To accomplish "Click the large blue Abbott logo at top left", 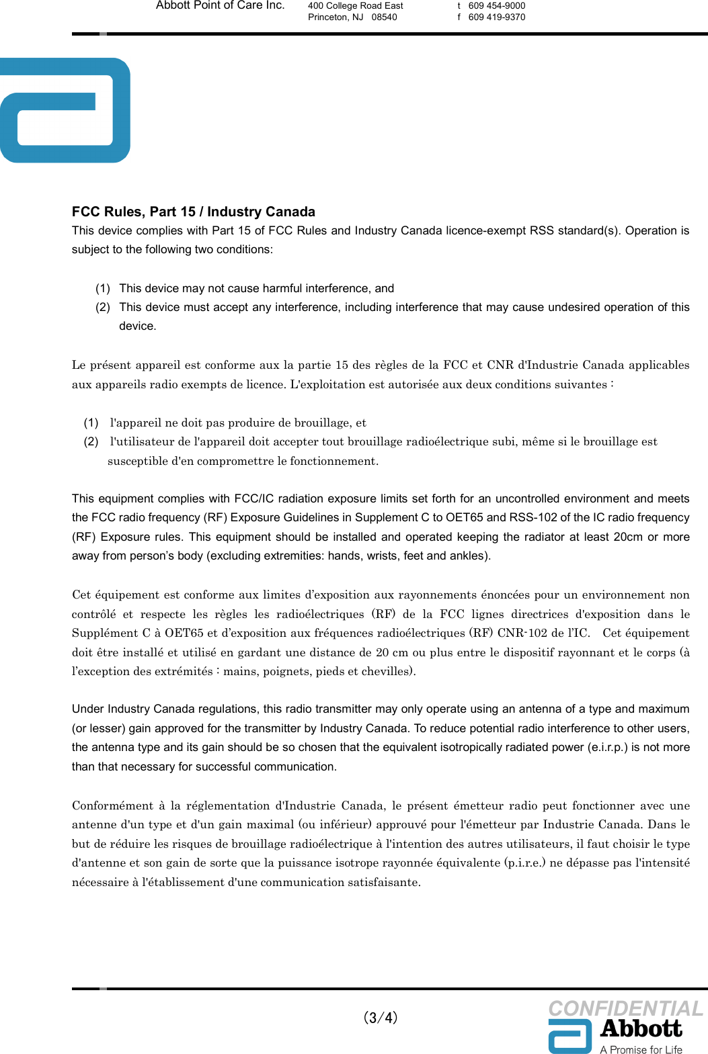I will pyautogui.click(x=65, y=110).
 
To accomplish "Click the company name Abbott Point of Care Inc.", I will pyautogui.click(x=220, y=5).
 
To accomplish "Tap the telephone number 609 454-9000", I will pyautogui.click(x=496, y=5).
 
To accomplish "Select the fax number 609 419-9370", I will pyautogui.click(x=496, y=17).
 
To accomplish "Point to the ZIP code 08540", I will pyautogui.click(x=384, y=17).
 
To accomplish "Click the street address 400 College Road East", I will pyautogui.click(x=355, y=5).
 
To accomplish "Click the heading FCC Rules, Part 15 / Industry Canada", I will pyautogui.click(x=193, y=212).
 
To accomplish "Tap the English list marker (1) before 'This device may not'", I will pyautogui.click(x=103, y=288).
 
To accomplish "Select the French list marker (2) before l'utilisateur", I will pyautogui.click(x=91, y=441).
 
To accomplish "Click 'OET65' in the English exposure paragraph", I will pyautogui.click(x=465, y=517).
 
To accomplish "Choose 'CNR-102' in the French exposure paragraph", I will pyautogui.click(x=522, y=633).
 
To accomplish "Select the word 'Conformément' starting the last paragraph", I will pyautogui.click(x=112, y=805).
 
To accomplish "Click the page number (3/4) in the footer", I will pyautogui.click(x=381, y=1017).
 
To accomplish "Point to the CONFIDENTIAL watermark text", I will pyautogui.click(x=625, y=1008).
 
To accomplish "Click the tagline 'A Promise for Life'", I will pyautogui.click(x=641, y=1049).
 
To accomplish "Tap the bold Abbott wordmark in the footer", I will pyautogui.click(x=641, y=1028).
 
